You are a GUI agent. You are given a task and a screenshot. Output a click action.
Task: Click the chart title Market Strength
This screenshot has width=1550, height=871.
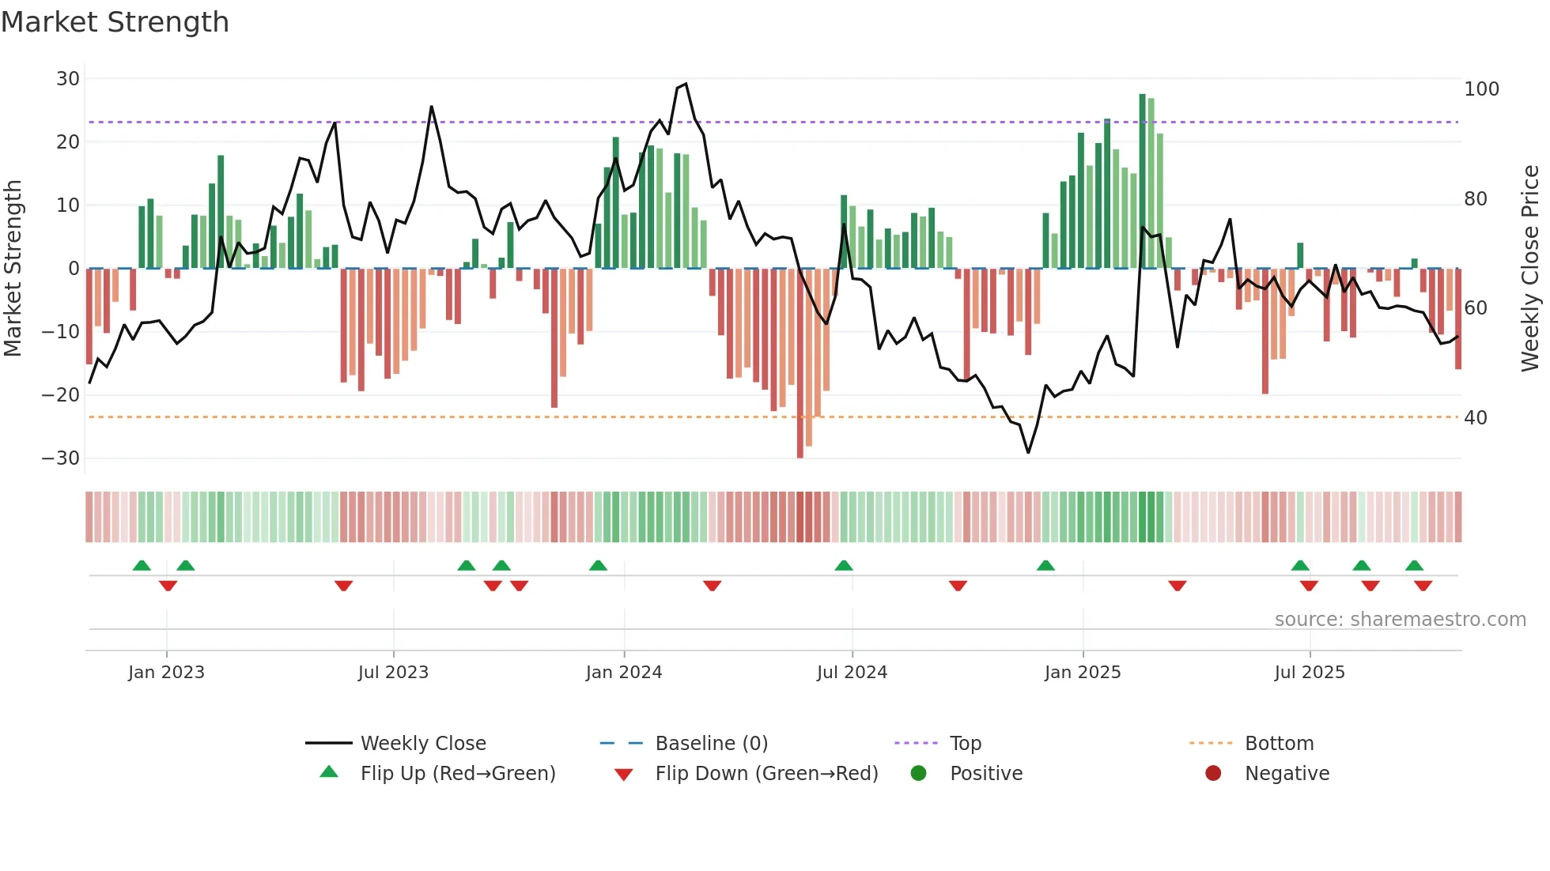[x=115, y=22]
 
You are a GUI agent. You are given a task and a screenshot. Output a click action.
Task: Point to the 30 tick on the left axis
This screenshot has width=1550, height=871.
[x=68, y=79]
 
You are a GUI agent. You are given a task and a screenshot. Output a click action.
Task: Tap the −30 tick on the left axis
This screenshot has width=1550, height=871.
[x=61, y=458]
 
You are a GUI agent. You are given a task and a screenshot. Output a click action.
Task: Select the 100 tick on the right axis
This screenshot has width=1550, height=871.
[x=1481, y=89]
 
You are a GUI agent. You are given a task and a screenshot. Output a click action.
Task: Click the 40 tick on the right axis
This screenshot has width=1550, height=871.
[x=1476, y=418]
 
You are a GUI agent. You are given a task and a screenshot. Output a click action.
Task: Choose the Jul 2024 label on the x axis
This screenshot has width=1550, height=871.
[x=852, y=673]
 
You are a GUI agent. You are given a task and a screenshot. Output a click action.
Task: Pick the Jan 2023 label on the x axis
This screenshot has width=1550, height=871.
[x=166, y=673]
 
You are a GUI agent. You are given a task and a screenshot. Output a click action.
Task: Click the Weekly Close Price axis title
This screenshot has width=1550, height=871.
[x=1530, y=269]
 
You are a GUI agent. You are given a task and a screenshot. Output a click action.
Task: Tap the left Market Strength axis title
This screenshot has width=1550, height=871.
[x=13, y=269]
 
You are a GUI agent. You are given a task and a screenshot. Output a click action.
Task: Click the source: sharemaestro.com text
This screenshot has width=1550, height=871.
[x=1400, y=620]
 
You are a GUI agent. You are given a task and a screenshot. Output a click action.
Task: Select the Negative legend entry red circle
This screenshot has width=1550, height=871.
[x=1213, y=774]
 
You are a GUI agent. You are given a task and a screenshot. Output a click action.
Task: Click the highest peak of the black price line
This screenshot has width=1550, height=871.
[x=686, y=84]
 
